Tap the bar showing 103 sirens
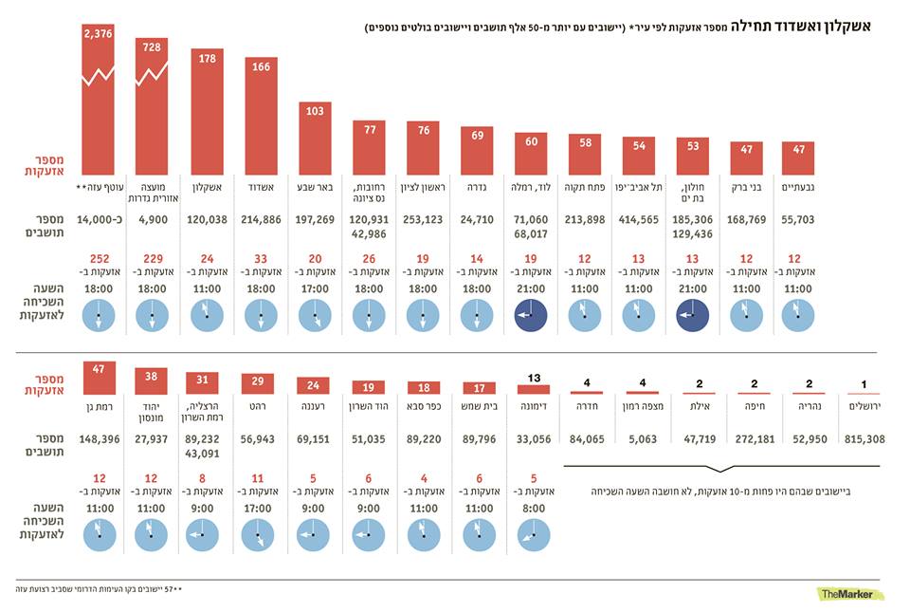[x=315, y=138]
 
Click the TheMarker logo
[x=851, y=593]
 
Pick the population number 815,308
[x=863, y=439]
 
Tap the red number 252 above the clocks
[x=100, y=259]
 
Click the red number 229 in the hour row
[x=153, y=259]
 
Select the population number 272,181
[x=755, y=439]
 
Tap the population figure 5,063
[x=642, y=439]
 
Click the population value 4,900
[x=153, y=221]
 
